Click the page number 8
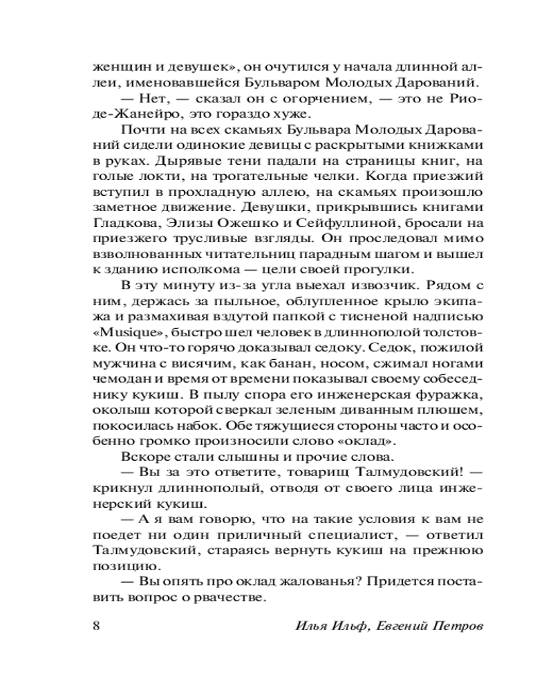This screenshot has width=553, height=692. (x=96, y=626)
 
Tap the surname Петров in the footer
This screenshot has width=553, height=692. (x=453, y=626)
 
